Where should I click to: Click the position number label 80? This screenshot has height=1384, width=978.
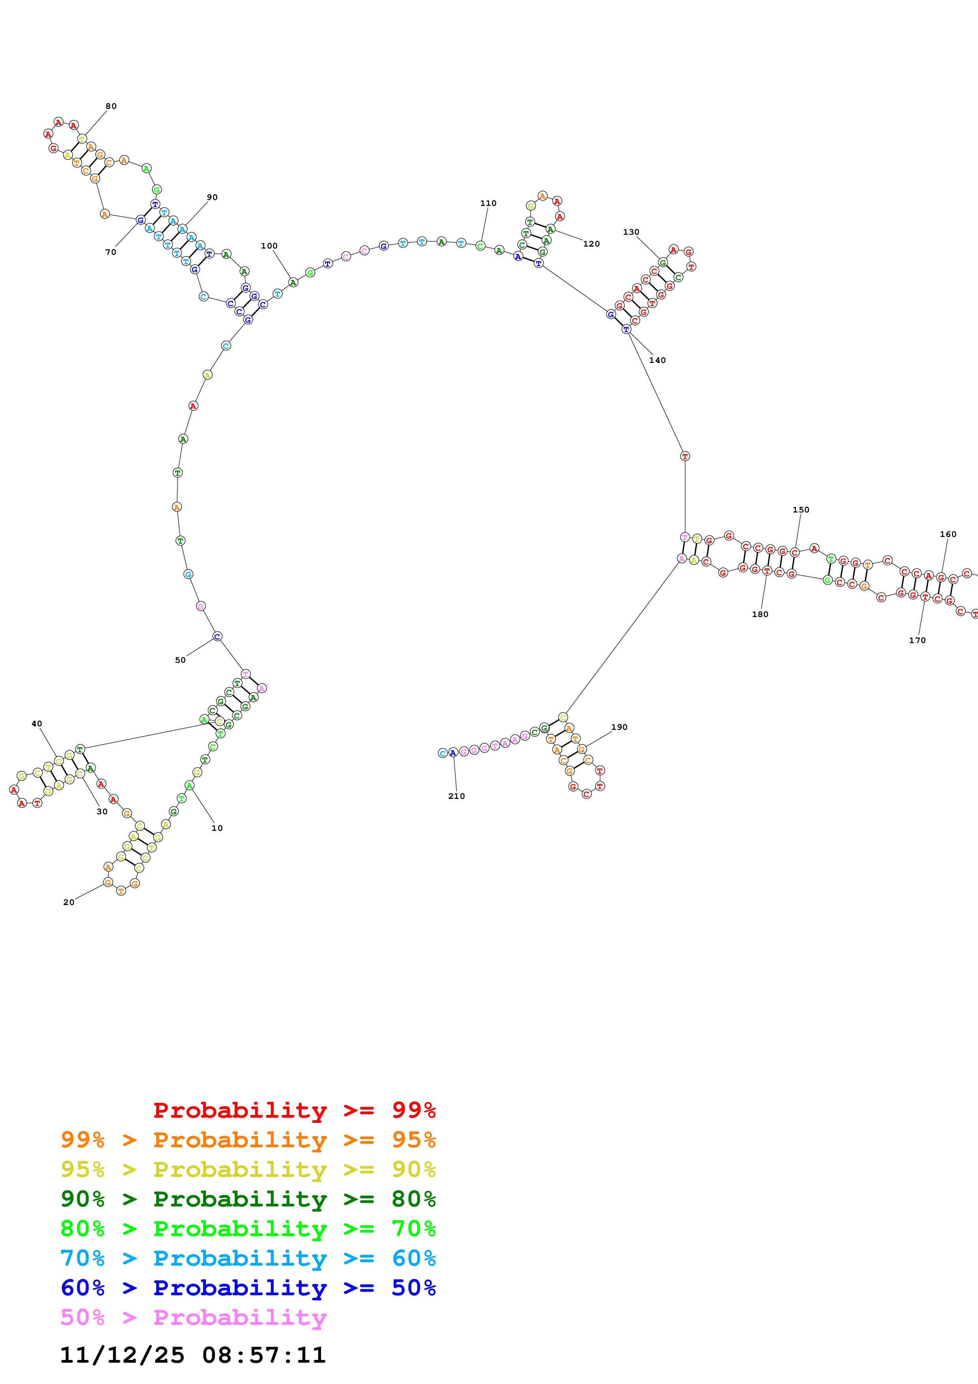coord(111,106)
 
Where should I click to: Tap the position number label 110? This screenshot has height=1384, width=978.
coord(488,203)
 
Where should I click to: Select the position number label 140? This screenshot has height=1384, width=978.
coord(657,361)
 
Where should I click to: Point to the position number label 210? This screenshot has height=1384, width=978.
coord(456,796)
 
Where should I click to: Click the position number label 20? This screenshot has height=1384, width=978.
coord(69,902)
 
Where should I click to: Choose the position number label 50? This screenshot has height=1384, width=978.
coord(180,660)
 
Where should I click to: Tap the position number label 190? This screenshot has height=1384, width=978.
coord(619,727)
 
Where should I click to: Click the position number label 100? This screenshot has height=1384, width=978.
coord(269,246)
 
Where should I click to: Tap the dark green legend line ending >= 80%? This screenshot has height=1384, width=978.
coord(248,1199)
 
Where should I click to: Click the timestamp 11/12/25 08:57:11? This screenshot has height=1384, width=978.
coord(193,1355)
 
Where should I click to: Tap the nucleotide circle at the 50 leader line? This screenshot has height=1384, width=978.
coord(217,636)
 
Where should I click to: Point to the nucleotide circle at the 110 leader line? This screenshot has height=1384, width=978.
coord(480,246)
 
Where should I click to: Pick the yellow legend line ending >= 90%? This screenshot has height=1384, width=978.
coord(248,1169)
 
